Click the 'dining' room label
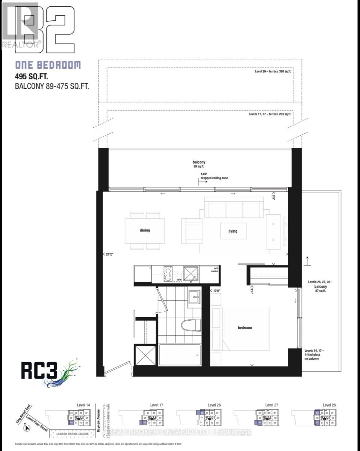tap(145, 230)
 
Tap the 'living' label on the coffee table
tap(233, 231)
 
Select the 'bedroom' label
tap(245, 328)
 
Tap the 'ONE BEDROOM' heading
tap(48, 65)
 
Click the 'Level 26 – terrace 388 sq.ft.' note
tap(273, 71)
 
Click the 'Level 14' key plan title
tap(83, 405)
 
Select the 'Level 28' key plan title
tap(329, 405)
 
